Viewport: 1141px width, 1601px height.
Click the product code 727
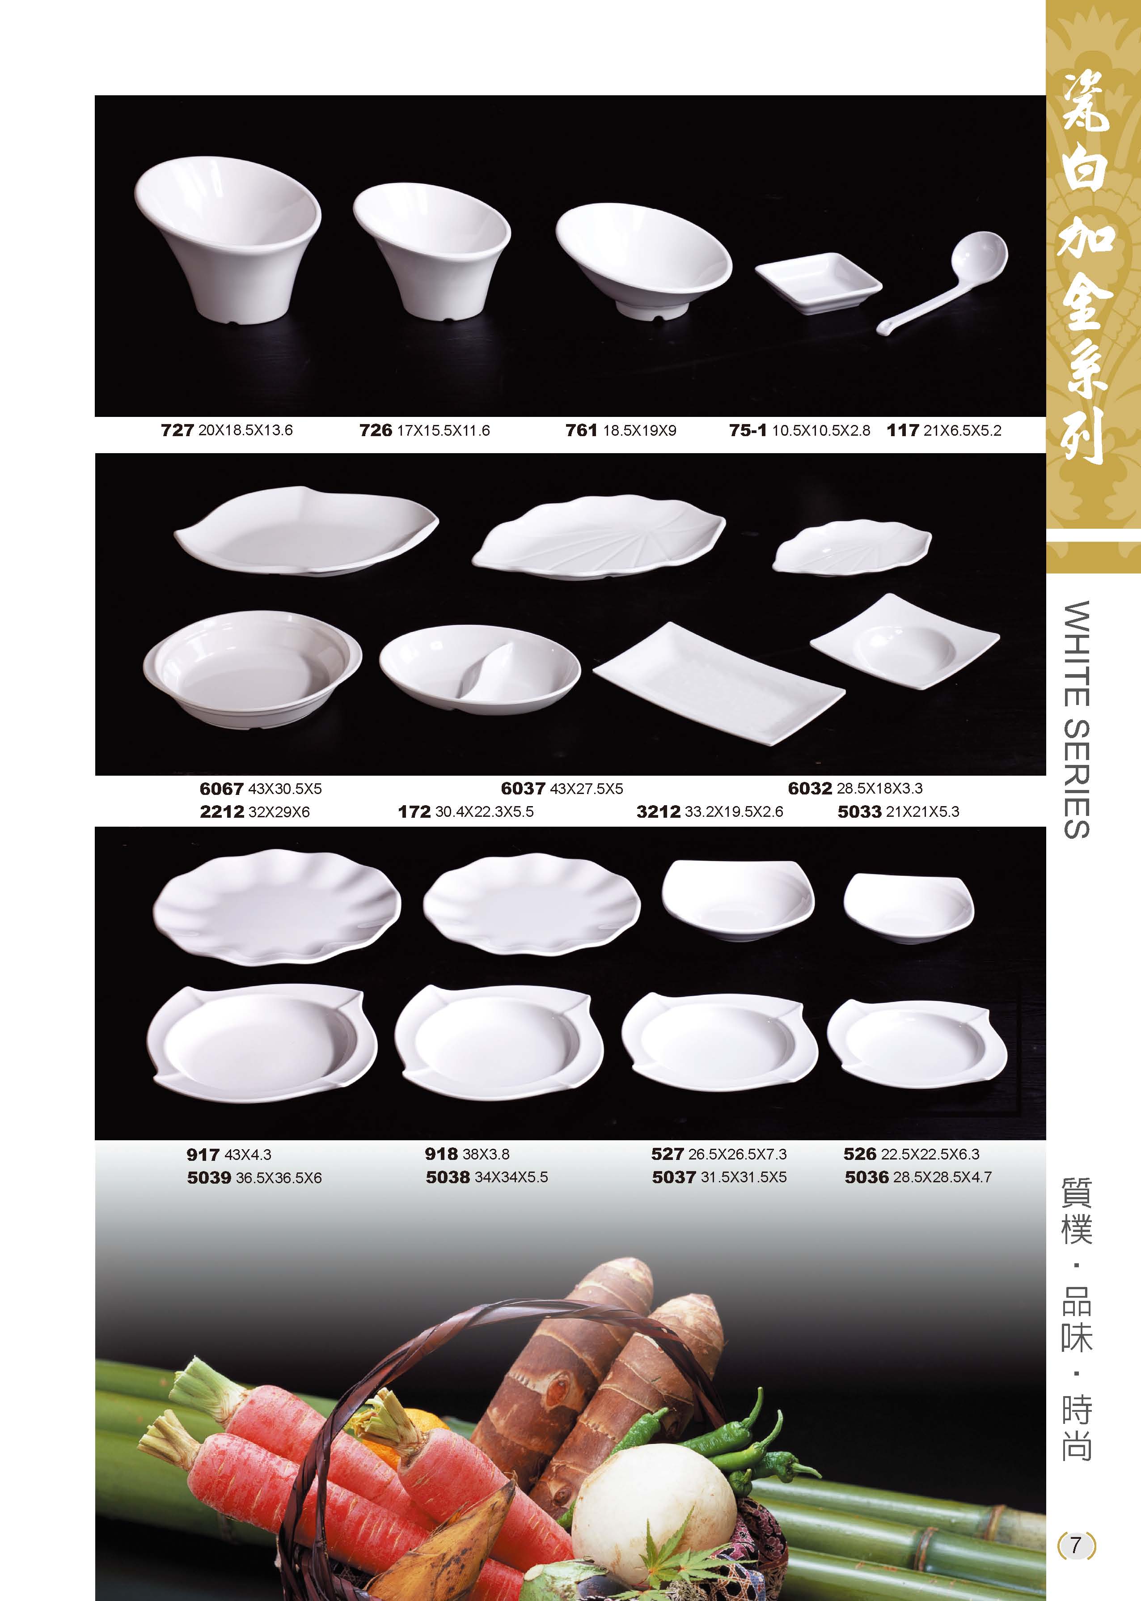(177, 430)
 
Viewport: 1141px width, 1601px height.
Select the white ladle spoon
(948, 281)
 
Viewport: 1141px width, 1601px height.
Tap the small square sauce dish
(819, 283)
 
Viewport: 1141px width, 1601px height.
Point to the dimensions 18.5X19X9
(639, 430)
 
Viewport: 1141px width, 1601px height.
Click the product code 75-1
(748, 430)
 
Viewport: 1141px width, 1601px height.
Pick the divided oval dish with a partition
(480, 670)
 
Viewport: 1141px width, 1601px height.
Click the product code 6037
(523, 789)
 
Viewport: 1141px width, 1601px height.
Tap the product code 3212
(658, 812)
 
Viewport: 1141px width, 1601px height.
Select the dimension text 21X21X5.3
(921, 812)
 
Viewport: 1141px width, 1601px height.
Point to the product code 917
(203, 1155)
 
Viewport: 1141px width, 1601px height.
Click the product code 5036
(866, 1177)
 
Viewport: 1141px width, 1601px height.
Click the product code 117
(903, 430)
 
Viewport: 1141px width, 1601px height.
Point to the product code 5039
(209, 1178)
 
